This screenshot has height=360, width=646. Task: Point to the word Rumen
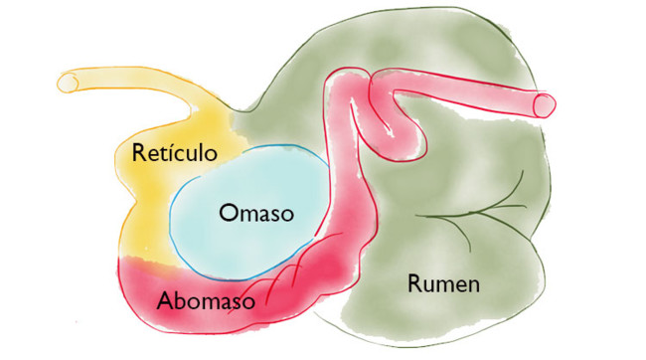pos(443,283)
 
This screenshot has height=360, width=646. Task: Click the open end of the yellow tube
pos(68,83)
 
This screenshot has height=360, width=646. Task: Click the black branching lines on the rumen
pos(477,209)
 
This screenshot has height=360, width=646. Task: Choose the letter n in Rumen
pos(474,284)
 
